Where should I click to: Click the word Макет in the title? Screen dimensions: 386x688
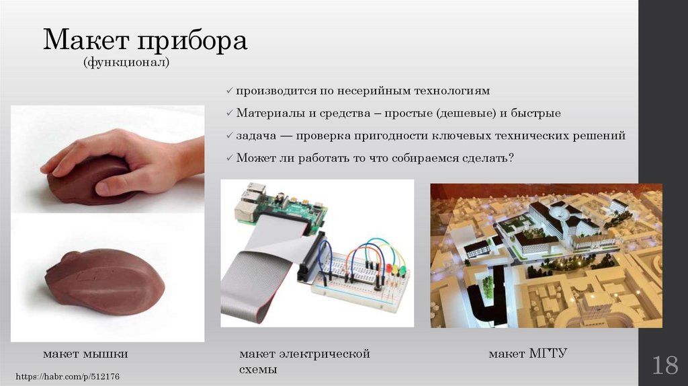click(x=86, y=41)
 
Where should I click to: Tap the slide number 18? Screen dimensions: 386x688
click(x=664, y=366)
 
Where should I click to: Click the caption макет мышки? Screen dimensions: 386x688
click(x=85, y=353)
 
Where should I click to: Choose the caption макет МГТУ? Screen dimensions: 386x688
click(x=528, y=353)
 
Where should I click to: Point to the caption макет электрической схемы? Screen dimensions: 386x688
click(x=304, y=361)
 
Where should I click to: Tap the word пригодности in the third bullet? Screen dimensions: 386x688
click(x=391, y=135)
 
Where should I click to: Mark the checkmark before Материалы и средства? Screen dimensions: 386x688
click(x=230, y=113)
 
